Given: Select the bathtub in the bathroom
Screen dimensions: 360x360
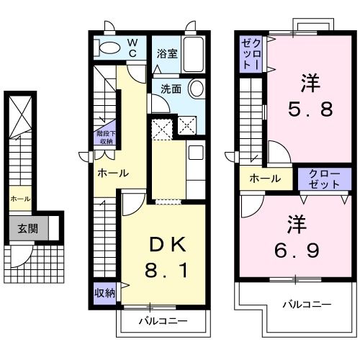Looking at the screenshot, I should (192, 54).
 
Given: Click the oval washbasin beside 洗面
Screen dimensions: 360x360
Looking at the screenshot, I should (196, 89).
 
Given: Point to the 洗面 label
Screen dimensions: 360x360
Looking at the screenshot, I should (171, 89).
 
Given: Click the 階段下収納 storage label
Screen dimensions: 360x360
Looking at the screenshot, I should (105, 137).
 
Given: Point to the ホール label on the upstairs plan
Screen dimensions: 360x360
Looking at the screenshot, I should (266, 179).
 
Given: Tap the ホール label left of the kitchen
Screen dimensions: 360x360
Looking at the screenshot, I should (114, 173).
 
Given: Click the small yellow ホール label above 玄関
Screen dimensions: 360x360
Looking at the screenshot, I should (19, 199).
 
